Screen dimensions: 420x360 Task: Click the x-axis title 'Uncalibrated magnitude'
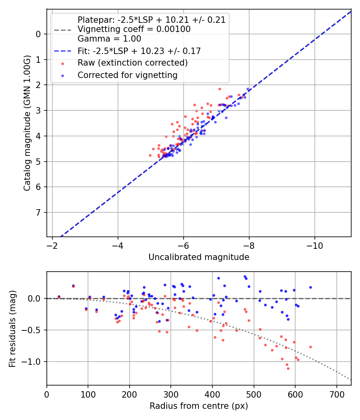click(x=199, y=257)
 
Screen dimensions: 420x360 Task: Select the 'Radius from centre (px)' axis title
click(x=199, y=406)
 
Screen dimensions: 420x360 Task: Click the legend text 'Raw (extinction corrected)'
click(x=132, y=63)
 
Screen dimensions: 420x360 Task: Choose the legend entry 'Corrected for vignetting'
click(x=127, y=75)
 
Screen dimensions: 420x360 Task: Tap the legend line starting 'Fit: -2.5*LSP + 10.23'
click(x=139, y=51)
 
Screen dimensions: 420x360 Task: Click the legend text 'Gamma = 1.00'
click(x=109, y=39)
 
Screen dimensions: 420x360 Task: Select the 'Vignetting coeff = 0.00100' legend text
click(x=134, y=29)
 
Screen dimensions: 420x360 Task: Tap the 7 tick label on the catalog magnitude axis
click(x=38, y=212)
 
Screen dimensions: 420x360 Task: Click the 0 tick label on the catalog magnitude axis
click(x=38, y=34)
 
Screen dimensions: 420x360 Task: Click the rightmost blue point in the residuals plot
click(x=310, y=287)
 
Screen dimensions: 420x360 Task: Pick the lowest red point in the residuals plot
click(x=288, y=368)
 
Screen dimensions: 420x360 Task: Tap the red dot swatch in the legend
click(x=62, y=63)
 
